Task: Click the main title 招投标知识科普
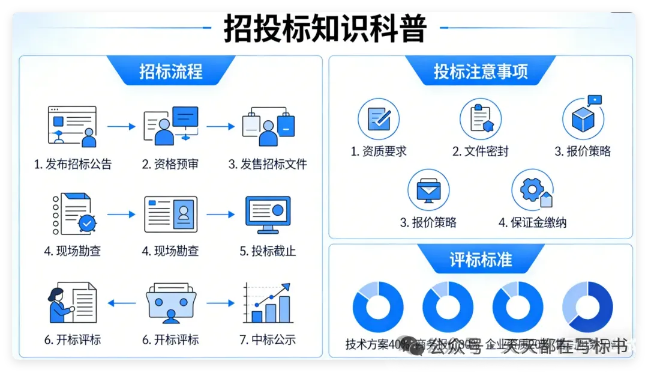[325, 28]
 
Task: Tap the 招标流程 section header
[171, 72]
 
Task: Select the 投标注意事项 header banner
[481, 72]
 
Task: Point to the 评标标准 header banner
[481, 260]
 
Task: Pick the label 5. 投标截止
[268, 251]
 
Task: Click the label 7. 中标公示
[268, 340]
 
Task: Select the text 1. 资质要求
[379, 151]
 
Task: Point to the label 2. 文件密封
[481, 151]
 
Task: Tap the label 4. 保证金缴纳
[532, 223]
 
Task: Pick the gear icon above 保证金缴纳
[533, 190]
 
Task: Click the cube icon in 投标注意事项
[583, 118]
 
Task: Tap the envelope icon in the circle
[428, 190]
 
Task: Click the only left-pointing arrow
[122, 303]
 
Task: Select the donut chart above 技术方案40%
[378, 307]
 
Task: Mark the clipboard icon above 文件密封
[481, 118]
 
